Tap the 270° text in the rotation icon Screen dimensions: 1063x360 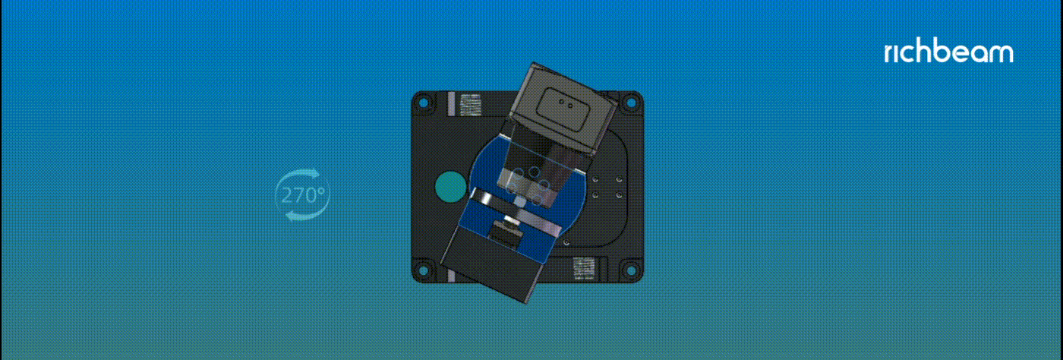click(303, 195)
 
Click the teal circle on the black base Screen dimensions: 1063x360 click(449, 187)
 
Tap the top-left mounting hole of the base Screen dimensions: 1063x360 click(424, 103)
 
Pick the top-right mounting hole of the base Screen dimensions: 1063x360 click(631, 103)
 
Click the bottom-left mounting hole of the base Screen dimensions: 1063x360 click(424, 270)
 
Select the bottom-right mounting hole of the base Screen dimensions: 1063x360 click(631, 270)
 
